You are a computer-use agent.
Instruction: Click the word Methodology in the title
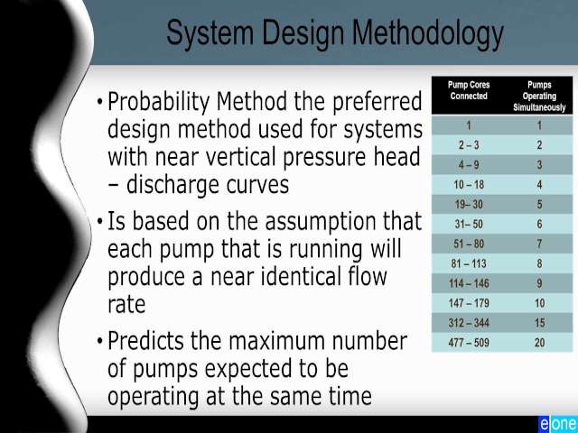pyautogui.click(x=427, y=34)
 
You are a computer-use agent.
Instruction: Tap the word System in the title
pyautogui.click(x=210, y=33)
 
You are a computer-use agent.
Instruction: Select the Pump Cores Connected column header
pyautogui.click(x=469, y=90)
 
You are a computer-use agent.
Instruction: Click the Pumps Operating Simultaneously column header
pyautogui.click(x=539, y=97)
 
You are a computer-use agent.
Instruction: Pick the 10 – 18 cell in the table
pyautogui.click(x=469, y=184)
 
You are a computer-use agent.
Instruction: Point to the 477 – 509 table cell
pyautogui.click(x=469, y=343)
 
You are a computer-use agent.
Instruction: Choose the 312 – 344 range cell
pyautogui.click(x=469, y=323)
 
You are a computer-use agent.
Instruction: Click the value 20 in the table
pyautogui.click(x=540, y=343)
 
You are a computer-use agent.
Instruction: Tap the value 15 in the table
pyautogui.click(x=540, y=323)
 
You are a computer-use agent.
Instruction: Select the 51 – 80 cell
pyautogui.click(x=469, y=244)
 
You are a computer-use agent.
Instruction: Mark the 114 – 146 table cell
pyautogui.click(x=469, y=283)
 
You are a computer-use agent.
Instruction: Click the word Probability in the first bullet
pyautogui.click(x=159, y=102)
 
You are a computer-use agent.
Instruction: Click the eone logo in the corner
pyautogui.click(x=558, y=424)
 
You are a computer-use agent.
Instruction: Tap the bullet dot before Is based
pyautogui.click(x=99, y=222)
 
